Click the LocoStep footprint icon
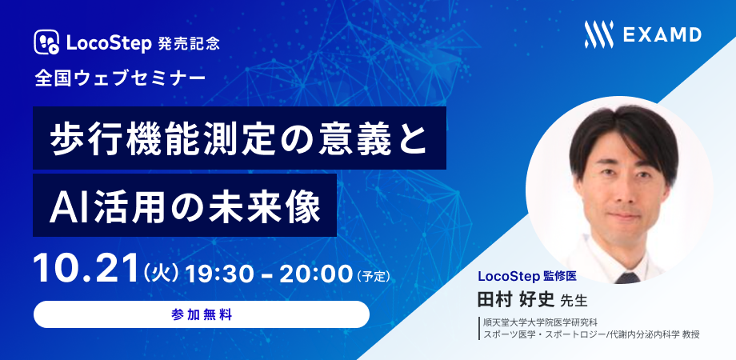pyautogui.click(x=46, y=42)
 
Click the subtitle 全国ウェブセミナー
pyautogui.click(x=120, y=78)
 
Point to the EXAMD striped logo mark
pyautogui.click(x=598, y=34)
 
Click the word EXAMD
pyautogui.click(x=662, y=34)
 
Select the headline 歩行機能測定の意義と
pyautogui.click(x=239, y=138)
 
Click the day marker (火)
pyautogui.click(x=161, y=273)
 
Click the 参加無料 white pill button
pyautogui.click(x=202, y=314)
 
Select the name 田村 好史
pyautogui.click(x=516, y=298)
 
